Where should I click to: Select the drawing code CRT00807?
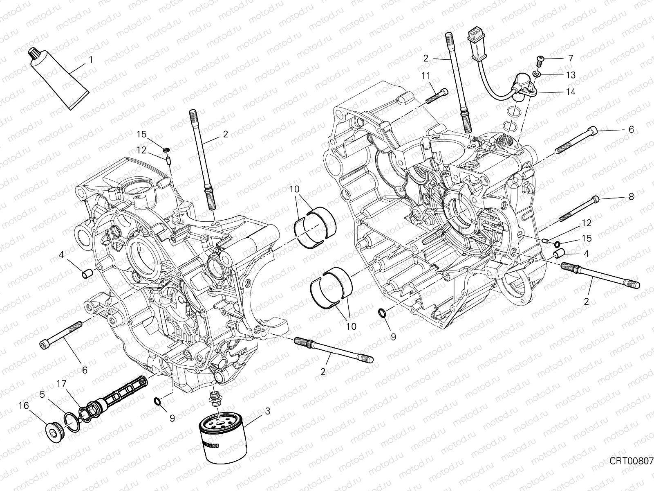pos(631,461)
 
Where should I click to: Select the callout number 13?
pos(582,75)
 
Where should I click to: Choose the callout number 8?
pos(631,196)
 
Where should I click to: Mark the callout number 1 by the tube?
pos(91,60)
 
